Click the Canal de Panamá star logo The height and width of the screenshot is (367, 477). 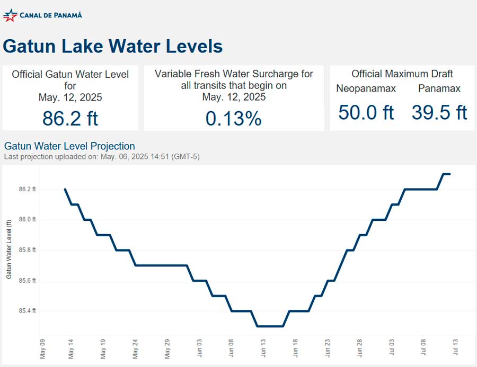pyautogui.click(x=10, y=15)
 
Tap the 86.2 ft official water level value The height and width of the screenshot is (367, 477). pyautogui.click(x=70, y=118)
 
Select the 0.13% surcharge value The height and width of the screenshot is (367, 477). pyautogui.click(x=233, y=119)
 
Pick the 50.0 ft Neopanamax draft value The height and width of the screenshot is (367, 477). pyautogui.click(x=366, y=112)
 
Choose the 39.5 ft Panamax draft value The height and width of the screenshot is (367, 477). pyautogui.click(x=439, y=112)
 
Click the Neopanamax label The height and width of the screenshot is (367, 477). pyautogui.click(x=366, y=89)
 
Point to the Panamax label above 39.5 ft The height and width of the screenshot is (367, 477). pyautogui.click(x=439, y=89)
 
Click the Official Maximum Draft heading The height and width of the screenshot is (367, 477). pyautogui.click(x=402, y=74)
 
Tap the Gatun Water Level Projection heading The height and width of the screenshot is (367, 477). pyautogui.click(x=69, y=146)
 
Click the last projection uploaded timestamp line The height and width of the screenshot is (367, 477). pyautogui.click(x=102, y=157)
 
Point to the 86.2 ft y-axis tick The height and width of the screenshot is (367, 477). pyautogui.click(x=27, y=189)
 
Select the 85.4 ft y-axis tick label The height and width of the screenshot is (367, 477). pyautogui.click(x=27, y=311)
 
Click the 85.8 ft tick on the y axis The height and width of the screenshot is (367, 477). pyautogui.click(x=27, y=250)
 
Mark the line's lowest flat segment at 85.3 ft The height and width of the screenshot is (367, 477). pyautogui.click(x=270, y=326)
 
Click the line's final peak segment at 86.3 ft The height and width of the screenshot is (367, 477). pyautogui.click(x=446, y=174)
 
